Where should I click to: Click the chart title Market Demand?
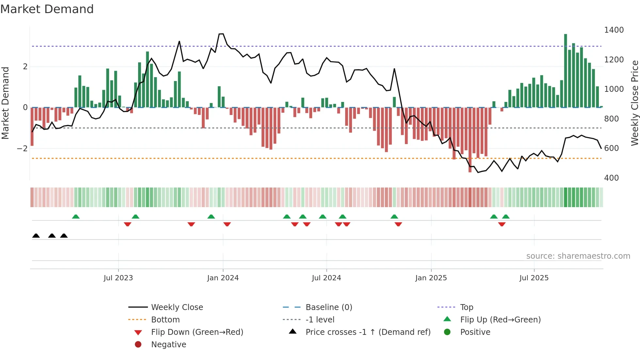tap(47, 9)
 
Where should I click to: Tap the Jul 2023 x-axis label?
tap(118, 278)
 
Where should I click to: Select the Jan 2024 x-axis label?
tap(223, 278)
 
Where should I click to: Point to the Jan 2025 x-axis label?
tap(431, 278)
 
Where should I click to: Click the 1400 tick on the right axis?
tap(614, 30)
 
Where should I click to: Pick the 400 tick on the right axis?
tap(611, 178)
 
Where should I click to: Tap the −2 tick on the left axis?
tap(22, 149)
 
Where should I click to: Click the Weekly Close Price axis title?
tap(634, 103)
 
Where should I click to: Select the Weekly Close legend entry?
tap(177, 307)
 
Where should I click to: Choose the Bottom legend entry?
tap(165, 320)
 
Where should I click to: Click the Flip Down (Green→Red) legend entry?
tap(197, 332)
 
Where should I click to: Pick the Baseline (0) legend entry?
tap(328, 307)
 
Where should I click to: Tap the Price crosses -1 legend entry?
tap(368, 332)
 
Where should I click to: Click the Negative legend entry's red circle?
tap(138, 345)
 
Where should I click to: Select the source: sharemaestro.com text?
tap(578, 256)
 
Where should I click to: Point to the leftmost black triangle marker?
tap(36, 236)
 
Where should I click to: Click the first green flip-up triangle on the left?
tap(76, 217)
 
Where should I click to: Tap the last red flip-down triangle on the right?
tap(502, 224)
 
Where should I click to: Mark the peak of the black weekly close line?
tap(221, 34)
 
